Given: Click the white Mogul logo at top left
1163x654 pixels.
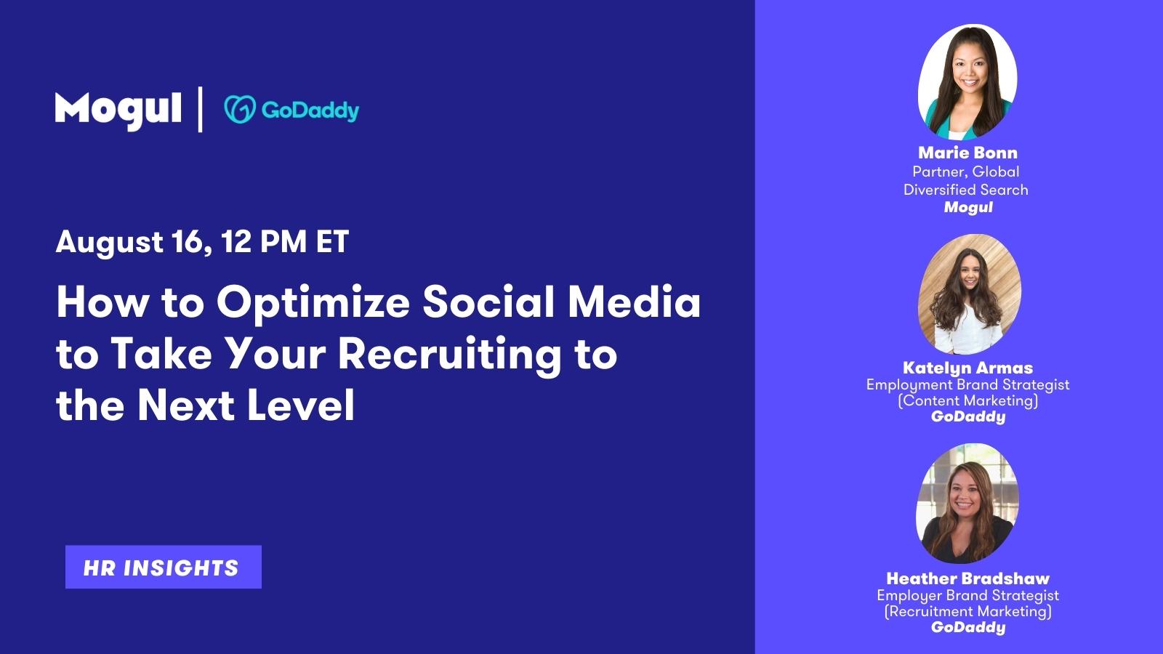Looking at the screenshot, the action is click(x=118, y=110).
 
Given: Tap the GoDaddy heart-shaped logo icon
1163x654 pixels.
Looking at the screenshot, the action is click(x=240, y=110).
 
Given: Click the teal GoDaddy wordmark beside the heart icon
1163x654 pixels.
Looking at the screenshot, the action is click(x=310, y=110).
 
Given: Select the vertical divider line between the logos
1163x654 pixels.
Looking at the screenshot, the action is click(x=200, y=110).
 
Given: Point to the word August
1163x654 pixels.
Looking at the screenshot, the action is click(x=110, y=243).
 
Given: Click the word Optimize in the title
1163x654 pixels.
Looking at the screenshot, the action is click(x=313, y=304).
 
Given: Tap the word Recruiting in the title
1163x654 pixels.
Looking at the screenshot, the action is click(x=450, y=355).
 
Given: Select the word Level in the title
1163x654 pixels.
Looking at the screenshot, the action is click(x=301, y=405).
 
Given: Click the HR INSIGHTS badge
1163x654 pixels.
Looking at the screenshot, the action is click(x=163, y=567).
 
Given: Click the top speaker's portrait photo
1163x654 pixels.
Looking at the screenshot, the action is click(x=967, y=82).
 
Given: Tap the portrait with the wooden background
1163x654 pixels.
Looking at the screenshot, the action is click(x=970, y=294).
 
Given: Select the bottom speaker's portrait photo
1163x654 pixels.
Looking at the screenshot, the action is click(x=967, y=504).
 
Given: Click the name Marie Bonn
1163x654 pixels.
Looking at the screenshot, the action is click(x=967, y=153).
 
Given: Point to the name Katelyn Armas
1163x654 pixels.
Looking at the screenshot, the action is click(x=967, y=368).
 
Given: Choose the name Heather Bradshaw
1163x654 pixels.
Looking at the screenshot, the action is click(x=967, y=578).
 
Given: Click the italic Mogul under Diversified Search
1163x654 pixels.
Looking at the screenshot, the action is click(x=967, y=208).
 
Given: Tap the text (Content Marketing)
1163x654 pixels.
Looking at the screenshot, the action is click(x=967, y=400).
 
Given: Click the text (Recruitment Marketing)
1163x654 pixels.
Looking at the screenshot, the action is click(x=967, y=611).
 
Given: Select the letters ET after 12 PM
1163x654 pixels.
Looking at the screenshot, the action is click(x=332, y=242).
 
